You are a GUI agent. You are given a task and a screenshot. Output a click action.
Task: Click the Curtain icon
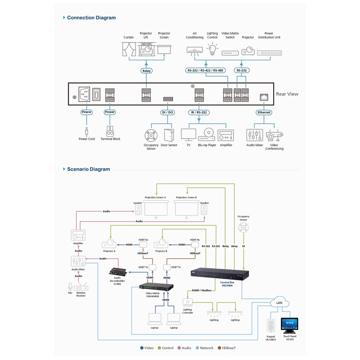[x=129, y=49]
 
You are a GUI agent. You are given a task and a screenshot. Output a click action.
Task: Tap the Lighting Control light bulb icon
[x=212, y=49]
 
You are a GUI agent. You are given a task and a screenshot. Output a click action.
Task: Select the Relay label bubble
[x=146, y=71]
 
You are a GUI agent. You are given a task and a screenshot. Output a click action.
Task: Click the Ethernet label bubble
[x=264, y=112]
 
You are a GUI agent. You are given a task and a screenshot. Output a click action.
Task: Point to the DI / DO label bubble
[x=167, y=112]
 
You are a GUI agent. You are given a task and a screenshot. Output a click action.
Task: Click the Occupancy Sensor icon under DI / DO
[x=151, y=135]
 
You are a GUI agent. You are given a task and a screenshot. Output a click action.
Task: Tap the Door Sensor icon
[x=169, y=135]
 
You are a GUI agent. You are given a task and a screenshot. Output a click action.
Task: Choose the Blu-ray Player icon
[x=207, y=135]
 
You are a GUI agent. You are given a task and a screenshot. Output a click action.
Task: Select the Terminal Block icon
[x=110, y=131]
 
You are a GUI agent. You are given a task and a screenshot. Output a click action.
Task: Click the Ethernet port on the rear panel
[x=264, y=97]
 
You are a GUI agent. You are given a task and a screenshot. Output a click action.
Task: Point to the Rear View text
[x=287, y=94]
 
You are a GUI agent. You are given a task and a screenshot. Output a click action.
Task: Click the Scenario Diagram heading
[x=88, y=169]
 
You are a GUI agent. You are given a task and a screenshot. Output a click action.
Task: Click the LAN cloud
[x=279, y=303]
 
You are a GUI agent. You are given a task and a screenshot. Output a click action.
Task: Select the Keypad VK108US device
[x=271, y=326]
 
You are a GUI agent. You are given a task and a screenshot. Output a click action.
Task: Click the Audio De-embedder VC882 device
[x=118, y=271]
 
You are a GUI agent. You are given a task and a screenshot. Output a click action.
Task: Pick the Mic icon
[x=70, y=286]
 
